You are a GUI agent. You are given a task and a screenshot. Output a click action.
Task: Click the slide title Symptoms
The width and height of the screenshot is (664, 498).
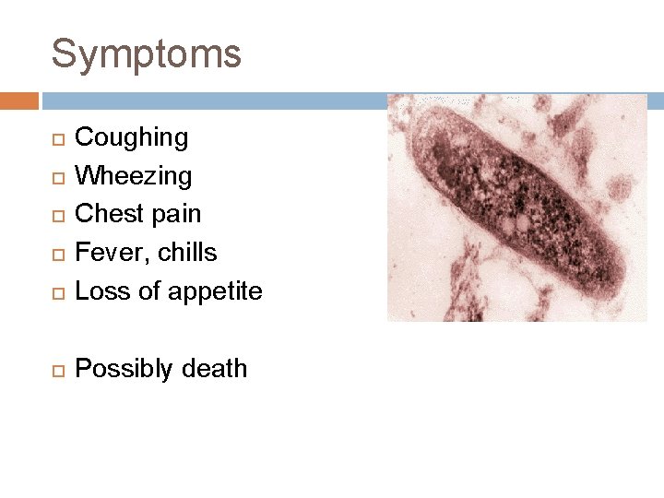click(x=146, y=54)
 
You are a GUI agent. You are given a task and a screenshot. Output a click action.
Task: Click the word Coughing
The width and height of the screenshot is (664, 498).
click(x=131, y=138)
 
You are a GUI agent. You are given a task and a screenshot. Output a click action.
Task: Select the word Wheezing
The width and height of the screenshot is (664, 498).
click(x=133, y=175)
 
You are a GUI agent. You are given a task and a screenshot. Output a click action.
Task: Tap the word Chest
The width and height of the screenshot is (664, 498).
click(x=104, y=213)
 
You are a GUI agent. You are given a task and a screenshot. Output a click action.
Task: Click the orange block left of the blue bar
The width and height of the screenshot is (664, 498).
click(x=18, y=101)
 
